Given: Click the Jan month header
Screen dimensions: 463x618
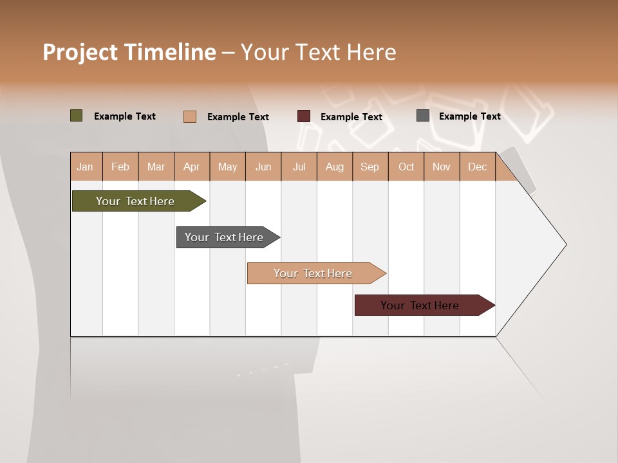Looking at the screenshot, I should click(x=86, y=167).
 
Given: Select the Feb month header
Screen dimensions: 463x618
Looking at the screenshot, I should click(x=120, y=167).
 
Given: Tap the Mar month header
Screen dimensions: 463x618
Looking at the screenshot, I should click(x=156, y=167).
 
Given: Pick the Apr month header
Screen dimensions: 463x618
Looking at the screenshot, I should click(x=192, y=167).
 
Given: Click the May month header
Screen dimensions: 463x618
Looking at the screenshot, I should click(x=227, y=167).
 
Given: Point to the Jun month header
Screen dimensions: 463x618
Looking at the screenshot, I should click(x=263, y=167).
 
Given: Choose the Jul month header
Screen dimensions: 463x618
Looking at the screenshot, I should click(x=299, y=167).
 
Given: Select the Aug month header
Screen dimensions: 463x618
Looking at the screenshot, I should click(x=335, y=167).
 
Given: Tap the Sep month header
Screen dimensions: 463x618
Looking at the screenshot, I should click(x=370, y=167).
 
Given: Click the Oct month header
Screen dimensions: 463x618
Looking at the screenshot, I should click(x=406, y=167).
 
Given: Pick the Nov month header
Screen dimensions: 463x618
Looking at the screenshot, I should click(x=442, y=167).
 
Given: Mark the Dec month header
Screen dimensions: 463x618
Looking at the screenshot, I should click(x=477, y=167).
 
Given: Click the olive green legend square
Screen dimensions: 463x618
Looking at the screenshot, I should click(x=77, y=116).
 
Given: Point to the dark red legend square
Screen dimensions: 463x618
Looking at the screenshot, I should click(x=304, y=116).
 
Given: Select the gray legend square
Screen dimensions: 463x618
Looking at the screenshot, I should click(x=423, y=116).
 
